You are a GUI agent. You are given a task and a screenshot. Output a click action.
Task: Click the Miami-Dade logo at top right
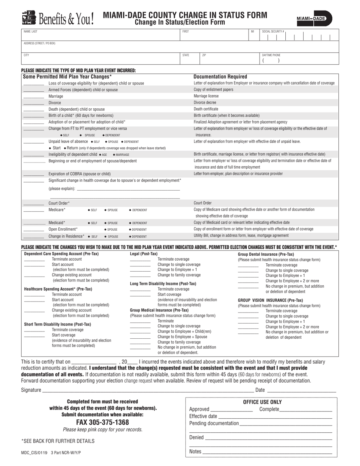coord(314,18)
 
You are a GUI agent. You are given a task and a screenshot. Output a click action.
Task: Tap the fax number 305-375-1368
coord(103,422)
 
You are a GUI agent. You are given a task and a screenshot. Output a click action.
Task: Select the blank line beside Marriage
coord(33,97)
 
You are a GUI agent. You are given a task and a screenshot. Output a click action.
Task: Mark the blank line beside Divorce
coord(33,103)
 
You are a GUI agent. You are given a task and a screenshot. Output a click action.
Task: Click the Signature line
coord(148,389)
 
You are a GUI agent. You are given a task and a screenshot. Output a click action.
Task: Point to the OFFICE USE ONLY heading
coord(262,402)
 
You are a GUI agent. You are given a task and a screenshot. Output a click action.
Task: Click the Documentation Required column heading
coord(220,77)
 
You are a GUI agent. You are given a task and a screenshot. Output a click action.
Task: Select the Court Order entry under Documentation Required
coord(203,203)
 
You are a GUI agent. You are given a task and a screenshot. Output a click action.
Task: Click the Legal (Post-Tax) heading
coord(144,254)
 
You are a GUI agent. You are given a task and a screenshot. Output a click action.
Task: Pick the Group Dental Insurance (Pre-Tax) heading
coord(266,254)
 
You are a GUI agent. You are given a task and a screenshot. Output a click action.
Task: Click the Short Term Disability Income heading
coord(58,324)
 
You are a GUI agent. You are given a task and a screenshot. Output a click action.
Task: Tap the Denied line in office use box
coord(268,438)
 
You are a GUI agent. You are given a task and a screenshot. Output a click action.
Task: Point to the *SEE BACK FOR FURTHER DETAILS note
coord(58,441)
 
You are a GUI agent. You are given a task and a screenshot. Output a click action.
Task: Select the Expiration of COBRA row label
coord(80,174)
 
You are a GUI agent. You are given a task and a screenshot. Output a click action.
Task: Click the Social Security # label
coord(273,31)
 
